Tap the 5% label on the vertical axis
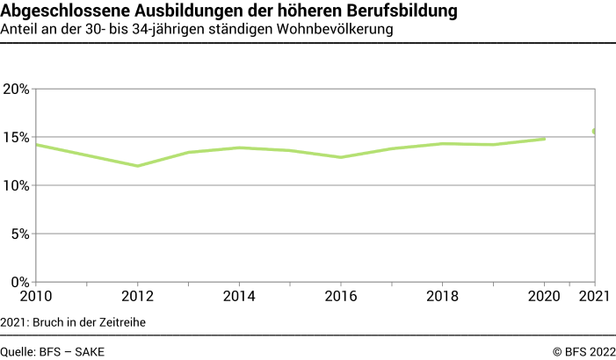pyautogui.click(x=19, y=234)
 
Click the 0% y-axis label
pyautogui.click(x=19, y=283)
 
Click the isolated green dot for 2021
pyautogui.click(x=595, y=131)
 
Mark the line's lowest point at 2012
pyautogui.click(x=137, y=166)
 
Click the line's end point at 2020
pyautogui.click(x=545, y=139)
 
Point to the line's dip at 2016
pyautogui.click(x=341, y=157)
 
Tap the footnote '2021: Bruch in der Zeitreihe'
pyautogui.click(x=73, y=322)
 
